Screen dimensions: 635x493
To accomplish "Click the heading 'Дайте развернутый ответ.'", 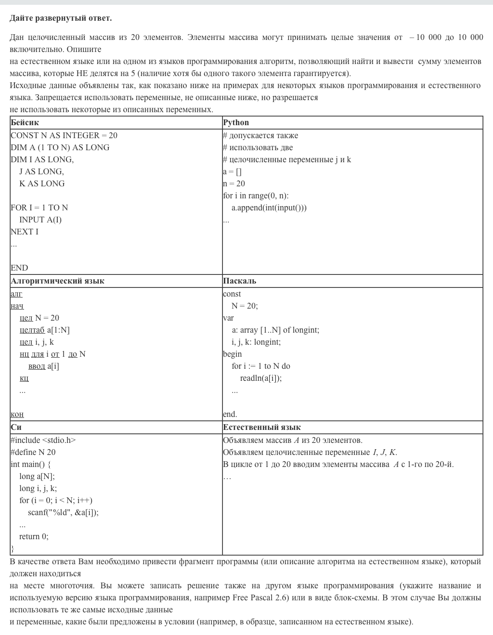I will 61,18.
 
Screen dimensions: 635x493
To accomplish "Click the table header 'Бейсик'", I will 25,123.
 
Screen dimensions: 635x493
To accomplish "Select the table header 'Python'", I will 236,123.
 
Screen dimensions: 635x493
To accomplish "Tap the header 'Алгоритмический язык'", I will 57,281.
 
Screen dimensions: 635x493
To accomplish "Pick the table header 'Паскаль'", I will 239,281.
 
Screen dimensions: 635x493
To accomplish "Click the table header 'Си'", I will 16,428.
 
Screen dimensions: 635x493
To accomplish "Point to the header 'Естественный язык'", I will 261,428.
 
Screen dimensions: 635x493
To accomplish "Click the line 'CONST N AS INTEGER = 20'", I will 64,136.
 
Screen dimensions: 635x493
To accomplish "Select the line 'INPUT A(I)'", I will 40,220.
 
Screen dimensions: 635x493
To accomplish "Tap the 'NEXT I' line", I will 25,232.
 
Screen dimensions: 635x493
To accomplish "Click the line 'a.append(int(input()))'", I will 269,208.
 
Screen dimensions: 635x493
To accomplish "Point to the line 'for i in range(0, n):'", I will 256,196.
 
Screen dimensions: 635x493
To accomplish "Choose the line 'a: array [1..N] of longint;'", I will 275,330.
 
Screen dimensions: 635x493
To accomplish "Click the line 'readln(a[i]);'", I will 261,378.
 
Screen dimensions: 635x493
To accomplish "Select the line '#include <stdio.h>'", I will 43,441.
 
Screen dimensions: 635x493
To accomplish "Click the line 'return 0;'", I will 34,537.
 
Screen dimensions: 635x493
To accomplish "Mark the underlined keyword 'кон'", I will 17,415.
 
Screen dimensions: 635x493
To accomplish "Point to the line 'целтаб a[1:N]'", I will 45,330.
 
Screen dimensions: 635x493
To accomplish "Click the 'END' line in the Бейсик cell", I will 19,268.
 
